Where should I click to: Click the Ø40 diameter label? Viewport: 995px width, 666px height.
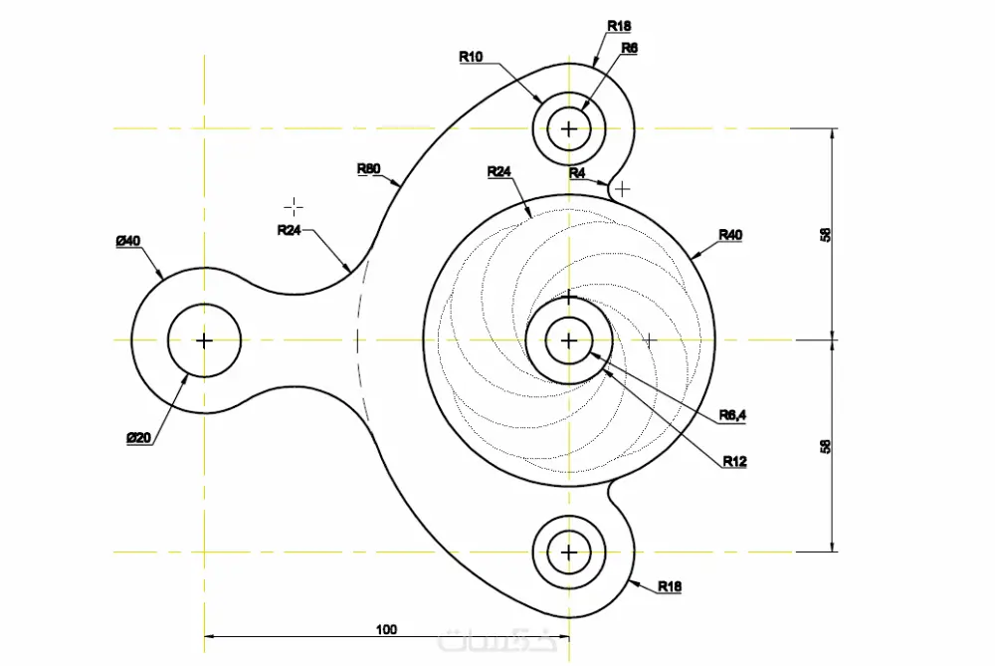127,241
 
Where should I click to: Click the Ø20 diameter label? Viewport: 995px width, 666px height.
138,438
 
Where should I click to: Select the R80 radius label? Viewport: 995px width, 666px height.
368,168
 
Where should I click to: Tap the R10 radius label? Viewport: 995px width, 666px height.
471,57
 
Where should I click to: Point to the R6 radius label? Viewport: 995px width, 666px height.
629,47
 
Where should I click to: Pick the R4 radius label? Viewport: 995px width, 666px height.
577,173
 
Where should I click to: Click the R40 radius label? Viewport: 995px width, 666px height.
730,235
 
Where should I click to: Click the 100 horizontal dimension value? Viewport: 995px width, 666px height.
387,629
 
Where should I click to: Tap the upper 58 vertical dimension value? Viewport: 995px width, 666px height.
825,235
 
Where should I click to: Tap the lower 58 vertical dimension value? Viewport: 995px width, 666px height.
825,446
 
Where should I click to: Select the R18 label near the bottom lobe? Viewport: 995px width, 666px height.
670,586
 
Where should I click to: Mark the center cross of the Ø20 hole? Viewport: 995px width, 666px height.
204,340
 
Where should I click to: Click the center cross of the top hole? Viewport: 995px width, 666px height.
568,128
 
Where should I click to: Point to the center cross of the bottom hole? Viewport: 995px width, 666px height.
568,552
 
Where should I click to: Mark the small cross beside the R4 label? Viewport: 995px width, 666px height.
622,188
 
